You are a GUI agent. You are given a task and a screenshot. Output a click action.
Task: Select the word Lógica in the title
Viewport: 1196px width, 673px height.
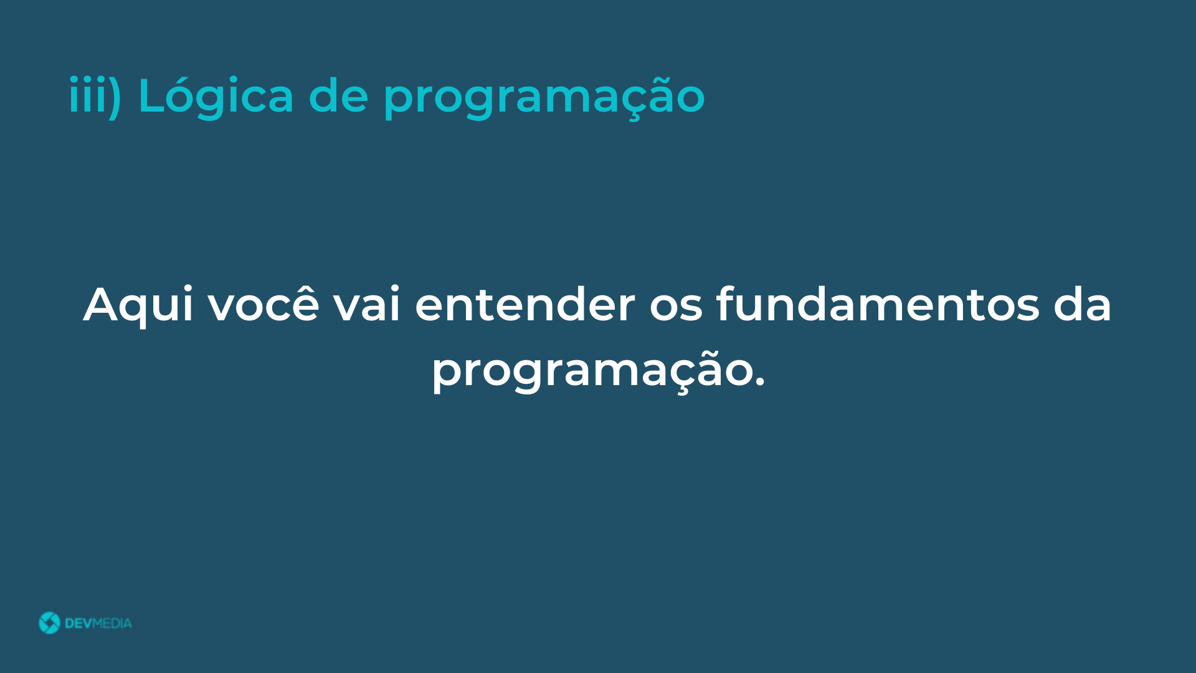click(x=216, y=95)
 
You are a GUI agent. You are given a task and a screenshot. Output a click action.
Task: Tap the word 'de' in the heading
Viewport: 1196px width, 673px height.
click(x=338, y=95)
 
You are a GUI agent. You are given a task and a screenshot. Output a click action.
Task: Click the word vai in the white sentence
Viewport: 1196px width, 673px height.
click(x=367, y=303)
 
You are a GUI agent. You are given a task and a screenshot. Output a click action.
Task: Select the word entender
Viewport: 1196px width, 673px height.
click(x=525, y=303)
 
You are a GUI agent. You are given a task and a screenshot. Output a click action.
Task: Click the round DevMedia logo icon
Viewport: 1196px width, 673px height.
click(x=49, y=623)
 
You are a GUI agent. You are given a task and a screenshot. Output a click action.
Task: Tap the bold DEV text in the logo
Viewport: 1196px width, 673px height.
click(x=78, y=623)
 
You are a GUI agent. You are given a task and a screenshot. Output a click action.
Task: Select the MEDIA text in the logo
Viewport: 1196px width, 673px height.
click(x=112, y=623)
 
